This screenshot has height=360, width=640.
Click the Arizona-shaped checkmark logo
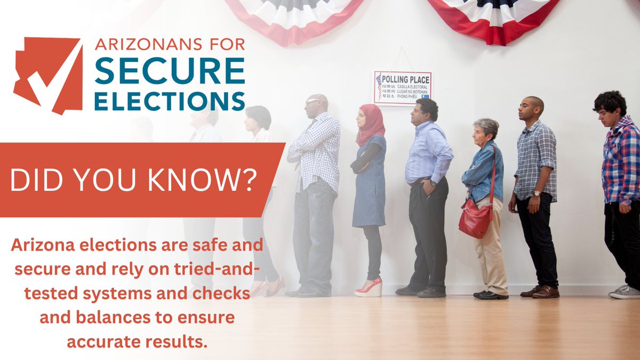click(48, 75)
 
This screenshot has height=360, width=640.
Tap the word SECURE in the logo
click(170, 71)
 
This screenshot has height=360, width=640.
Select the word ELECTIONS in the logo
click(170, 100)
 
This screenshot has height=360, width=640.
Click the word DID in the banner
click(35, 181)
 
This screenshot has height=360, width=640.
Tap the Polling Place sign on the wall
click(403, 87)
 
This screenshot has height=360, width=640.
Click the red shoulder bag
click(474, 219)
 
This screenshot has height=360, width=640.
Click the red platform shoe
click(371, 288)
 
